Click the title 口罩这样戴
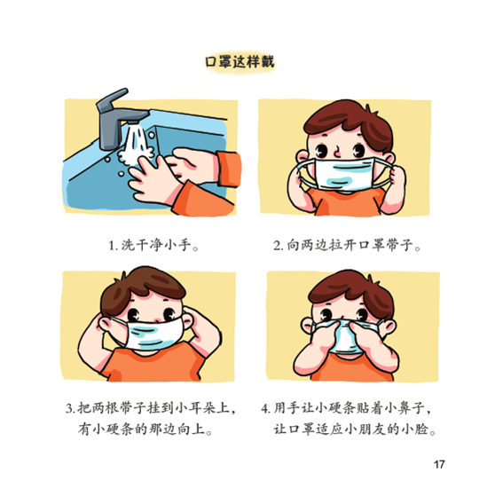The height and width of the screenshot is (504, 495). point(240,62)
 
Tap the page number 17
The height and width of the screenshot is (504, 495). point(439,464)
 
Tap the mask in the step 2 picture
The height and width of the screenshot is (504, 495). point(344,174)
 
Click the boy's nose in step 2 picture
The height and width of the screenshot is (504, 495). point(337,152)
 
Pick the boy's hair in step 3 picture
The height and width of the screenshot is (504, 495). point(142,287)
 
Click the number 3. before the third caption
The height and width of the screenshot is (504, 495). point(70,408)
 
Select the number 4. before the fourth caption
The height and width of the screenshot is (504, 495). point(265,408)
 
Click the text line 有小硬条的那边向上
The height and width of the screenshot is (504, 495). point(145,429)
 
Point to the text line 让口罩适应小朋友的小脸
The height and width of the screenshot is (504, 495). point(355,429)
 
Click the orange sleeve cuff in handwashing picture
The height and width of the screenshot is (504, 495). point(229,169)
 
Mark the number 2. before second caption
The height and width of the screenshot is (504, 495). point(278,246)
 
